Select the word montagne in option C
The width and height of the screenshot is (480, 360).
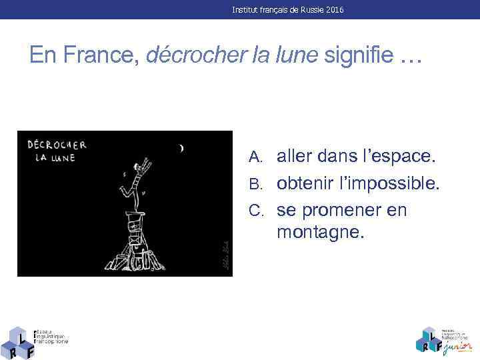point(320,233)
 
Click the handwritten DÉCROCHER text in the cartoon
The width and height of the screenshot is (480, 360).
point(57,145)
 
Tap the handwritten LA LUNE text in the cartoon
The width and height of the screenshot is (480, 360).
point(56,158)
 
